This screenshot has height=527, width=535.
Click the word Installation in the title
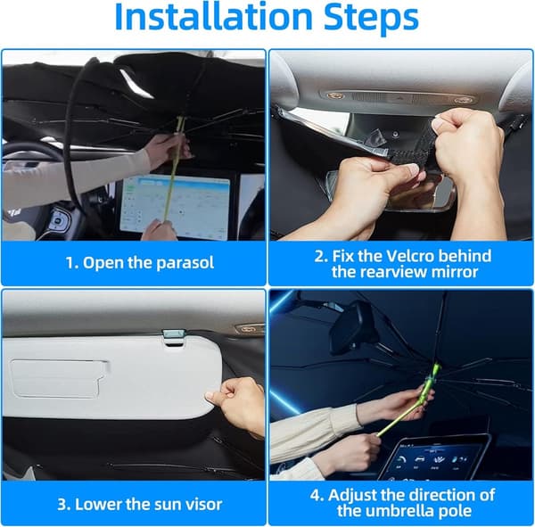pos(214,16)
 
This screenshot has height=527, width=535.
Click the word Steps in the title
pos(371,18)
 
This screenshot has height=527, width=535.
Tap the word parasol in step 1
pos(185,263)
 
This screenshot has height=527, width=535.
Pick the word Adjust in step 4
pos(352,495)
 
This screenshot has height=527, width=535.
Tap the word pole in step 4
pos(457,511)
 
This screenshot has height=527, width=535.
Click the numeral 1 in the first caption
pos(69,263)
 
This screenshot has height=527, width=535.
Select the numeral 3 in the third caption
pos(62,505)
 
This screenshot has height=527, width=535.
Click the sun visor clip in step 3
pos(174,338)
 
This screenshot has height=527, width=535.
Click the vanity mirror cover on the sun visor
pos(59,378)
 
